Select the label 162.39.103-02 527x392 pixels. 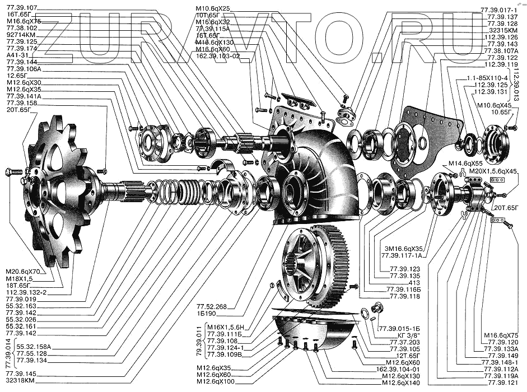(x=218, y=56)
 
